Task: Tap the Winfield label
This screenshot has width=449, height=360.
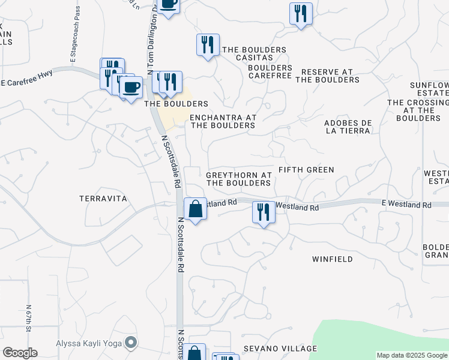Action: click(x=332, y=259)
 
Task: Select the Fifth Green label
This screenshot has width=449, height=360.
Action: click(x=306, y=170)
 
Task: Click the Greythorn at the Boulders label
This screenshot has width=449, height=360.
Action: click(x=239, y=179)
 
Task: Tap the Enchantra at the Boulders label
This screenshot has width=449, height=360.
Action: click(x=223, y=122)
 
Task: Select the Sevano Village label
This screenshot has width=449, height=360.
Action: click(x=280, y=349)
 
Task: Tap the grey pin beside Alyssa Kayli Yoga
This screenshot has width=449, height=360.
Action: click(x=131, y=344)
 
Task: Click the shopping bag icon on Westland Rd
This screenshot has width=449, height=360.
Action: click(x=196, y=209)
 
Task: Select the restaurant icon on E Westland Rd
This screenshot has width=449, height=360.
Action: click(x=264, y=212)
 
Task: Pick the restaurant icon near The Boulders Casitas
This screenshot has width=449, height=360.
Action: click(x=208, y=45)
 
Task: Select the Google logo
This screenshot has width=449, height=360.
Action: click(x=20, y=353)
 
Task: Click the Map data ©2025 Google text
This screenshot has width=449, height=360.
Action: click(x=412, y=355)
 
